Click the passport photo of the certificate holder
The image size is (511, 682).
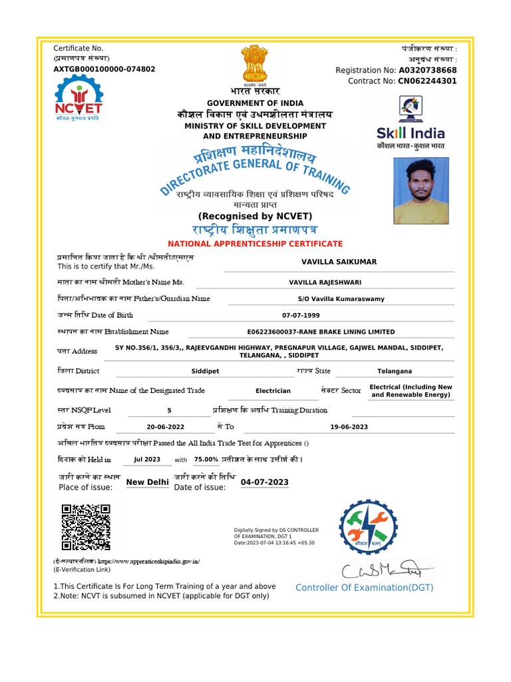[x=421, y=190]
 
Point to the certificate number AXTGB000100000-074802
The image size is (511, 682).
[x=104, y=69]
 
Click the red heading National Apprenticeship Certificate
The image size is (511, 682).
[x=255, y=244]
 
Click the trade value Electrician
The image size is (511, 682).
[x=273, y=391]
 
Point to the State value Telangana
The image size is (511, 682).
[x=394, y=371]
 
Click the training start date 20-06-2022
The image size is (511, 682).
[x=165, y=427]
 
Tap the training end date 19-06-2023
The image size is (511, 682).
[x=349, y=427]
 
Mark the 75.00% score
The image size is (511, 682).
[x=206, y=460]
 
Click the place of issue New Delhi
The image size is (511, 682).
[x=147, y=482]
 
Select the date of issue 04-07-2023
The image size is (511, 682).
[x=264, y=482]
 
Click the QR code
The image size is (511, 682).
[x=86, y=527]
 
